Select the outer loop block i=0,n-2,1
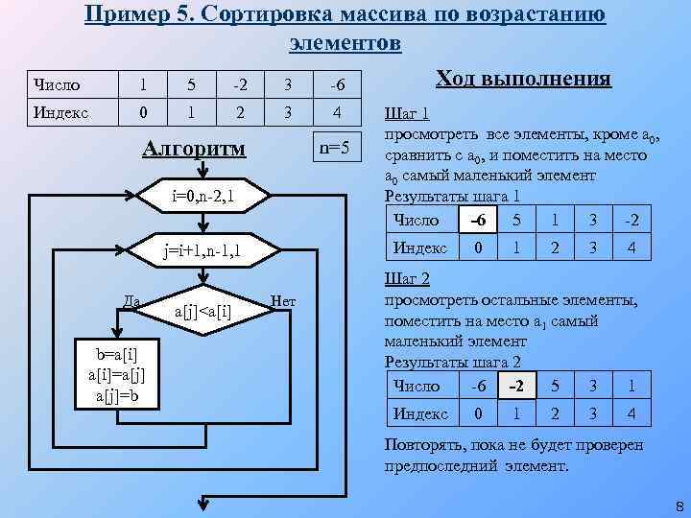(x=203, y=199)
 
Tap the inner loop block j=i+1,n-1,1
(x=203, y=252)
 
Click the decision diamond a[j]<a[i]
(x=203, y=310)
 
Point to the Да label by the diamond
(x=132, y=302)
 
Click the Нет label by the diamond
(x=283, y=302)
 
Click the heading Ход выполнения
(x=523, y=79)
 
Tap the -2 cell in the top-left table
(x=241, y=85)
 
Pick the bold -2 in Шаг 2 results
(x=515, y=387)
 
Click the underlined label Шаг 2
(x=406, y=279)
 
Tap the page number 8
(x=679, y=506)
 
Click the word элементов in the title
(x=345, y=43)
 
